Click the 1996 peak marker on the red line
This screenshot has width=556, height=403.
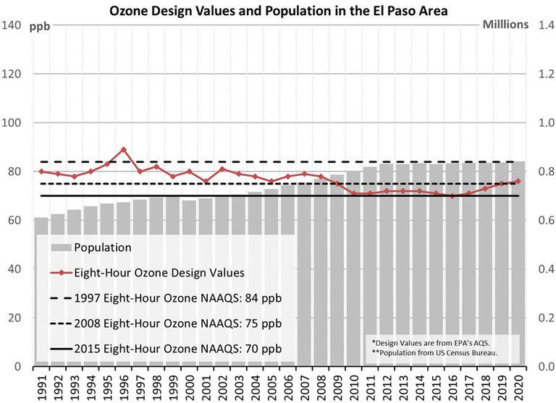(124, 150)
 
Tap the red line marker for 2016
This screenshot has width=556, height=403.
(452, 196)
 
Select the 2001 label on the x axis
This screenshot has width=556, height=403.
(206, 384)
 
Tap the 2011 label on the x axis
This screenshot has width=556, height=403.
(371, 384)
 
